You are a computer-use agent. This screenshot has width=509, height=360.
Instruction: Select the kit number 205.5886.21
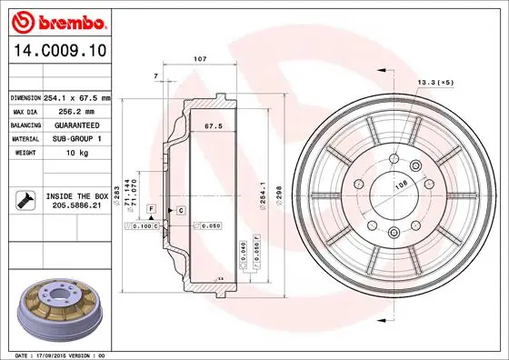[76, 205]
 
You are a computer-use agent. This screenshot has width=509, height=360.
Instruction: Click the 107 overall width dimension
[200, 59]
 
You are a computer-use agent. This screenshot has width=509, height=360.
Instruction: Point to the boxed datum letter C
[182, 210]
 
